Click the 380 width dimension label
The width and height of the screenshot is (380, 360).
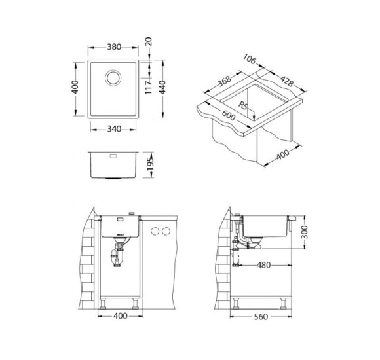[x=114, y=47]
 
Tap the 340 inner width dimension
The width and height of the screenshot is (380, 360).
[x=114, y=129]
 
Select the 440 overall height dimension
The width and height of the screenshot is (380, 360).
[x=162, y=87]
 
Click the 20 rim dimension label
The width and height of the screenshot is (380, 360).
[x=148, y=41]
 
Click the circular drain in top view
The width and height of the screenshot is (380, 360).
[x=113, y=78]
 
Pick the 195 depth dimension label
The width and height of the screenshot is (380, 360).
[x=151, y=164]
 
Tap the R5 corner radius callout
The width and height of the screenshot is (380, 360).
[x=243, y=106]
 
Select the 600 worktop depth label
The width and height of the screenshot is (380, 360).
[x=229, y=115]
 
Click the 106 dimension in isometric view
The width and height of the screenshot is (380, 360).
[x=250, y=60]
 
